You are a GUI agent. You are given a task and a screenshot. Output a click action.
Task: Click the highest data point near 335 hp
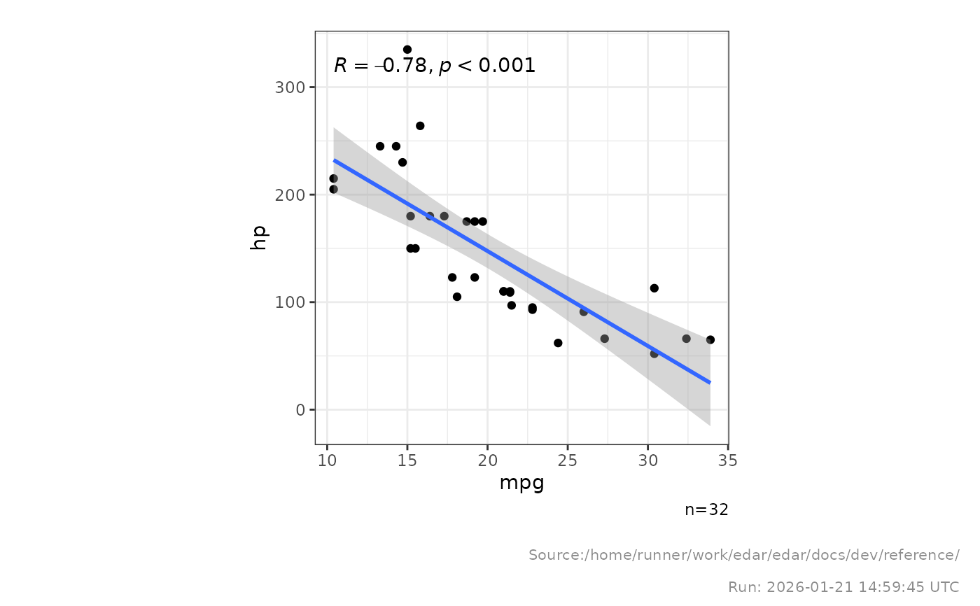(407, 50)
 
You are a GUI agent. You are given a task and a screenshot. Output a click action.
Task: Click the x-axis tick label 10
(327, 461)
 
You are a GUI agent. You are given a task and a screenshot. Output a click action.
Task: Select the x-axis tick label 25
(568, 461)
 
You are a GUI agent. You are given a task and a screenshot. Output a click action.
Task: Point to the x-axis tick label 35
(728, 461)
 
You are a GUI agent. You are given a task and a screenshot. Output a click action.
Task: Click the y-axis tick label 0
(302, 410)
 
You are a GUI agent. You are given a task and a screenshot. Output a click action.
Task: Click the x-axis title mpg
(521, 484)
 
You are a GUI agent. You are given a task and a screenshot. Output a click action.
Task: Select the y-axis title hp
(258, 238)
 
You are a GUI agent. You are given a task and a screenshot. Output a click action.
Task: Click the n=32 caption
(706, 510)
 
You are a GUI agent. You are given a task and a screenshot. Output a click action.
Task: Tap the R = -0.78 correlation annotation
(434, 66)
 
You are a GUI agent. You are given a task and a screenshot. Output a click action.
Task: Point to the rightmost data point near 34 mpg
(710, 340)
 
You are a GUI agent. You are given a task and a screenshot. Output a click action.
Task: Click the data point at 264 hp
(420, 126)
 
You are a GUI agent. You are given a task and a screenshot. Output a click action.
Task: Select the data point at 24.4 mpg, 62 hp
(558, 343)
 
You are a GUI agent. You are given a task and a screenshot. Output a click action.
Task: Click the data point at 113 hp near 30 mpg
(654, 288)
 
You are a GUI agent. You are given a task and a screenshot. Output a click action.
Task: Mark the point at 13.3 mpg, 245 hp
(380, 146)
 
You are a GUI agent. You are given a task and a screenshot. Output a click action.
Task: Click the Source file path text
(743, 556)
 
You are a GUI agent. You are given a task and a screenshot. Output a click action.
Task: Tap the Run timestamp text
(843, 586)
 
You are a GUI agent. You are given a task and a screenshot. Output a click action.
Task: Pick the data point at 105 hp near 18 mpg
(457, 297)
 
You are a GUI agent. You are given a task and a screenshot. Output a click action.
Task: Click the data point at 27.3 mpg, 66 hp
(605, 339)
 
